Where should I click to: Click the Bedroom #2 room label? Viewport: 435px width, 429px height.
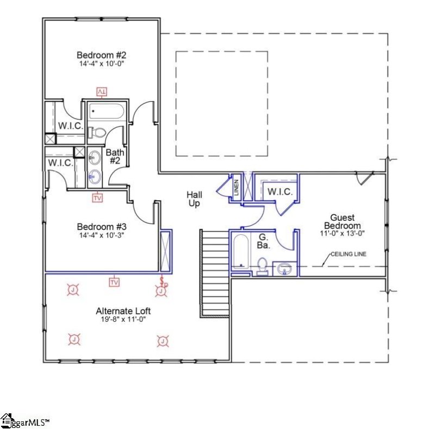[x=101, y=55]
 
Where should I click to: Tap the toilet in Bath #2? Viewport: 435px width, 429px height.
[x=99, y=132]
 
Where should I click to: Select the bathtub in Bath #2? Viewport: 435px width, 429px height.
[x=107, y=111]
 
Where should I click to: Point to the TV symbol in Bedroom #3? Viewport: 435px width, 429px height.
[x=97, y=198]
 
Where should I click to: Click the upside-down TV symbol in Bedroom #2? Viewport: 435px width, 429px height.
[x=102, y=91]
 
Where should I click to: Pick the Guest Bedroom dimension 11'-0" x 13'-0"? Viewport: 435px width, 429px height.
[x=343, y=233]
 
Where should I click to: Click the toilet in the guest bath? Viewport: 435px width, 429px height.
[x=262, y=266]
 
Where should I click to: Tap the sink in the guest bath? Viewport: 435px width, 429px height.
[x=284, y=268]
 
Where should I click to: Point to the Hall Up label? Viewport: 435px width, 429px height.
[x=194, y=199]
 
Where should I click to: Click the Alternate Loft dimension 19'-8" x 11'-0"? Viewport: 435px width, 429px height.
[x=123, y=319]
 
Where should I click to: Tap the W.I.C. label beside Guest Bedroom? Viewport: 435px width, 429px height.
[x=279, y=192]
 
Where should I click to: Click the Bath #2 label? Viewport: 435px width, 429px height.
[x=115, y=157]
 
